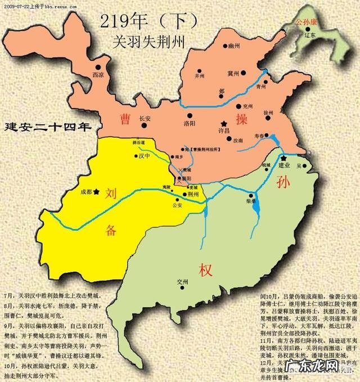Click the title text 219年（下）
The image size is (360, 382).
(149, 21)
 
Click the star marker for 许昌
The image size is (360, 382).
(224, 123)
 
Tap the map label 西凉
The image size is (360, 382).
(98, 74)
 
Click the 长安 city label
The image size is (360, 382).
(145, 119)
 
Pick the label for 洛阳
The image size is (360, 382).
(190, 123)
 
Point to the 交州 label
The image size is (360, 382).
(183, 281)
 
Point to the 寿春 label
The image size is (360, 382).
(259, 135)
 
